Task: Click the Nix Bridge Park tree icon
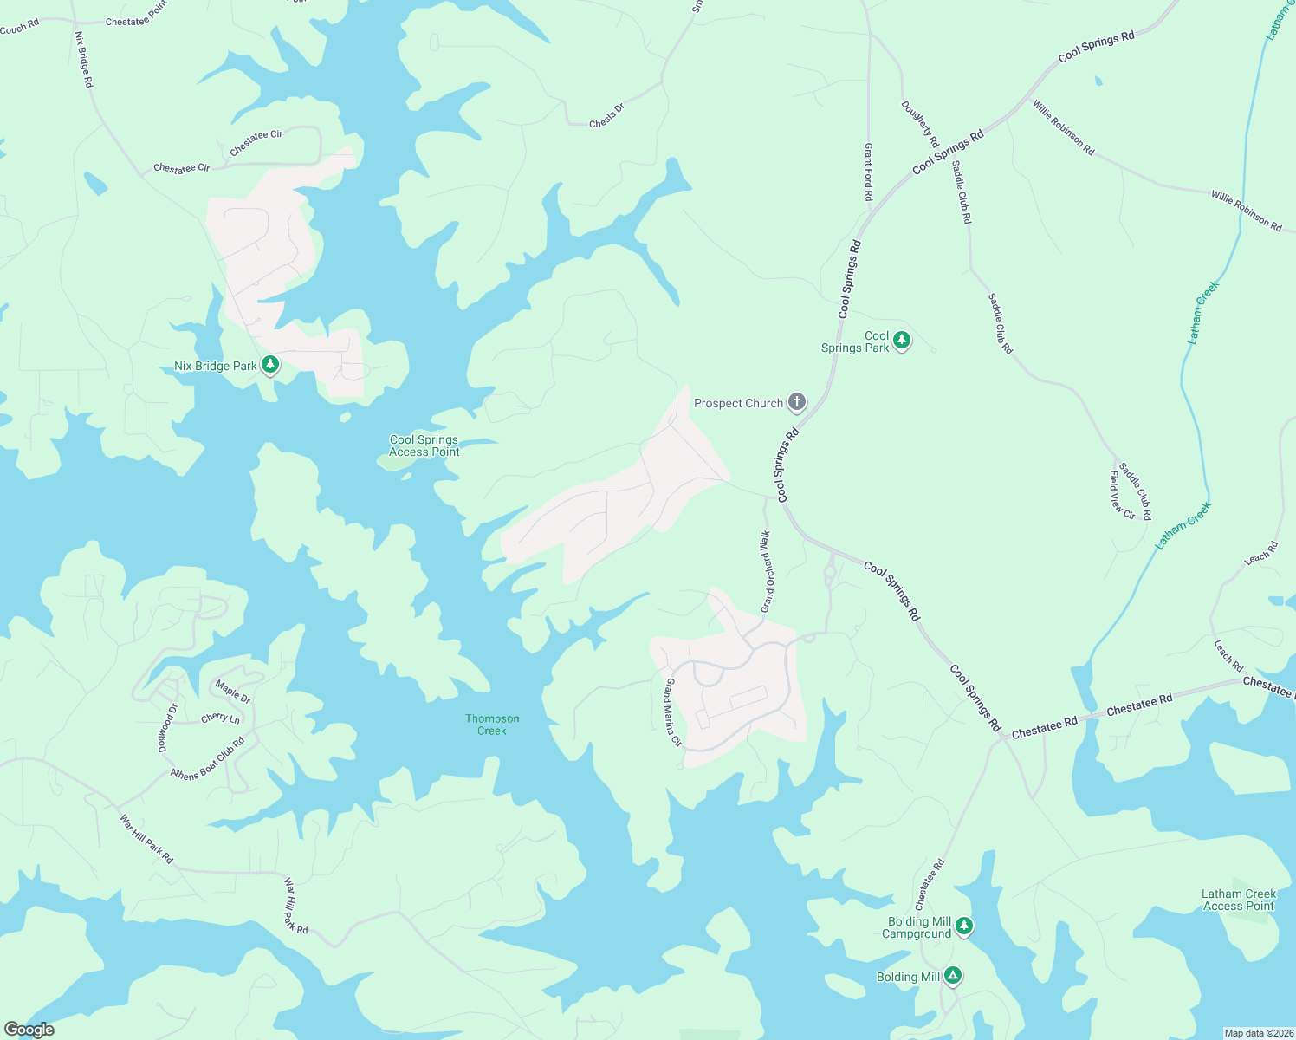270,365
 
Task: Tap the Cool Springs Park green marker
902,340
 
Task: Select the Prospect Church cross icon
796,402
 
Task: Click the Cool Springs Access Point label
424,445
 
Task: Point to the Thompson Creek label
492,725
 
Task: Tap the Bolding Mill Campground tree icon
963,926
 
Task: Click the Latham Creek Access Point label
1239,900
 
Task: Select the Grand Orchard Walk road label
766,572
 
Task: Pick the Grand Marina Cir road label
672,713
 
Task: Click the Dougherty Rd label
920,124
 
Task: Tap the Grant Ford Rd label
868,172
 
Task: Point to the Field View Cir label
1122,495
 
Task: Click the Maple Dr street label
233,692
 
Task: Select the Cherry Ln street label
220,718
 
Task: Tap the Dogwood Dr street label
167,728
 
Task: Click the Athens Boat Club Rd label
208,759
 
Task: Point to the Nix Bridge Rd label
84,60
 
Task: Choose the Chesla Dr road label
606,116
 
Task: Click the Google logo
29,1030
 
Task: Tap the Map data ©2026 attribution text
1257,1033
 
